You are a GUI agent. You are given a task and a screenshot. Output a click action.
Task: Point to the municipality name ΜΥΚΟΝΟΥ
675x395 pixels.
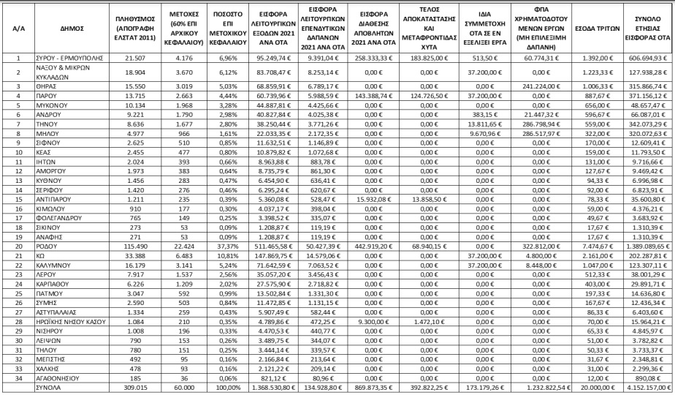coord(51,105)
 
